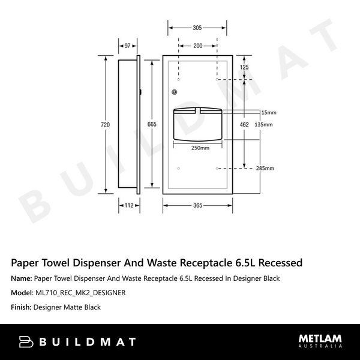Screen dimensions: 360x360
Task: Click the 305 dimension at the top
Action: click(197, 28)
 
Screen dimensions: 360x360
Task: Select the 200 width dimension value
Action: click(197, 46)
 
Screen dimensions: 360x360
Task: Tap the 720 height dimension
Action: click(106, 124)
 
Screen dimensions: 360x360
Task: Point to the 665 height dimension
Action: click(152, 124)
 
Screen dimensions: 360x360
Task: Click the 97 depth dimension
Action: click(128, 46)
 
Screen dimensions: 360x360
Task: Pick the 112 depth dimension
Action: click(128, 205)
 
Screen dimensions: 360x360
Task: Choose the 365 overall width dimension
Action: click(197, 205)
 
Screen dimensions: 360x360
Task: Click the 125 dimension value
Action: click(244, 68)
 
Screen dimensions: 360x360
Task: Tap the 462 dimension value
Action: click(244, 124)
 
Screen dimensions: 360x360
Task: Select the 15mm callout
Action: click(268, 112)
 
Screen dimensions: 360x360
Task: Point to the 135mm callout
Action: click(263, 124)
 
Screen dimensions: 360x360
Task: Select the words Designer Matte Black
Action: click(67, 307)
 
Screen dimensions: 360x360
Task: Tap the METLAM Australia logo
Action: click(320, 342)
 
